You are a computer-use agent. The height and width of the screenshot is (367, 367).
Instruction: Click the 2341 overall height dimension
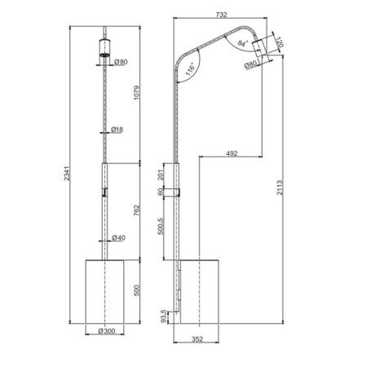(67, 173)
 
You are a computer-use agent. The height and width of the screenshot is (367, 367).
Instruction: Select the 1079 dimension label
(137, 93)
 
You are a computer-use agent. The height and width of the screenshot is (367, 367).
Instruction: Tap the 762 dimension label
(137, 210)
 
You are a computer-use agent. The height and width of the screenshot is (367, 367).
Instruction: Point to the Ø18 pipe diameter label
(117, 130)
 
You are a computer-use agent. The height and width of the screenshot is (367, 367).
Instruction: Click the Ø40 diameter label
(119, 237)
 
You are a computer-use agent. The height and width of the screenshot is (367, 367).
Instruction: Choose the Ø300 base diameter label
(107, 331)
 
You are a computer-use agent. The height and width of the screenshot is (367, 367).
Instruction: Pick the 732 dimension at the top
(221, 15)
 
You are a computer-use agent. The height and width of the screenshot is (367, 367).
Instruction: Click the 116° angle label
(190, 70)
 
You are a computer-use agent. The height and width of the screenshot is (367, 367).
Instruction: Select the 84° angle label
(243, 43)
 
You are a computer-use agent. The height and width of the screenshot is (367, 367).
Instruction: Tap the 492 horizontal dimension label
(232, 153)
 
